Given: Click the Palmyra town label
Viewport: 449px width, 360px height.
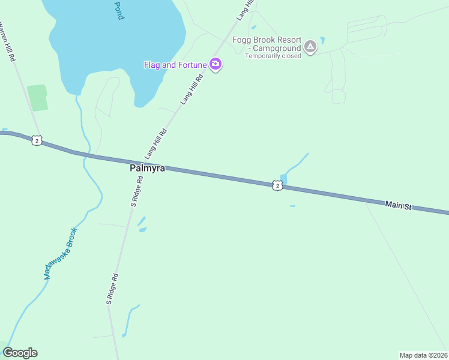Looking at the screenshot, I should point(147,169).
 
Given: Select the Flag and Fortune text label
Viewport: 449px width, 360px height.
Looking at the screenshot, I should point(175,65).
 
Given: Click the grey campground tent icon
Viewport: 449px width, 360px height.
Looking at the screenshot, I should point(310,46).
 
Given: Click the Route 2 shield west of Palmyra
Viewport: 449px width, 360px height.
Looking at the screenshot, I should point(37,140).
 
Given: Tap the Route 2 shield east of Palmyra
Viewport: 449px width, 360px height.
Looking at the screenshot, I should point(276,185).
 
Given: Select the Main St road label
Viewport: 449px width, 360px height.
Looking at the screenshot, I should point(399,206).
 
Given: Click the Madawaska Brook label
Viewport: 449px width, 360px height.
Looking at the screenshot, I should point(61,253).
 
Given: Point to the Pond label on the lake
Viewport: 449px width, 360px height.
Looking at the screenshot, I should point(118,10).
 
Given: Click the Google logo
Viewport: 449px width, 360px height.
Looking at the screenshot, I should point(20,353).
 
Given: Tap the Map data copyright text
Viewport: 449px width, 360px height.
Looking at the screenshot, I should point(424,355).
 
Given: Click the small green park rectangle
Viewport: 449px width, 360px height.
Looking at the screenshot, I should point(37,97).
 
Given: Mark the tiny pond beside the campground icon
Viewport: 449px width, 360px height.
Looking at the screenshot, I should point(322,41).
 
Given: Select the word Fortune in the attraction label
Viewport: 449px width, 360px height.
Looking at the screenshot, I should point(191,65).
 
